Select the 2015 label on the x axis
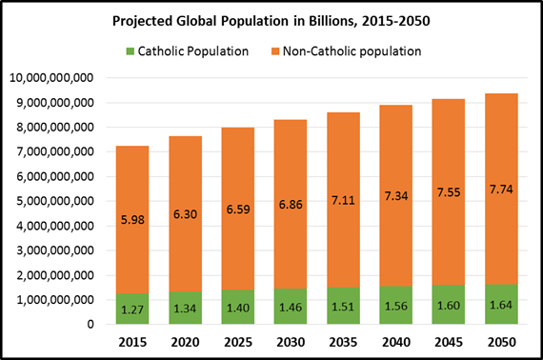(131, 340)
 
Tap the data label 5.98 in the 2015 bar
(131, 217)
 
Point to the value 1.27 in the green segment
(131, 308)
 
